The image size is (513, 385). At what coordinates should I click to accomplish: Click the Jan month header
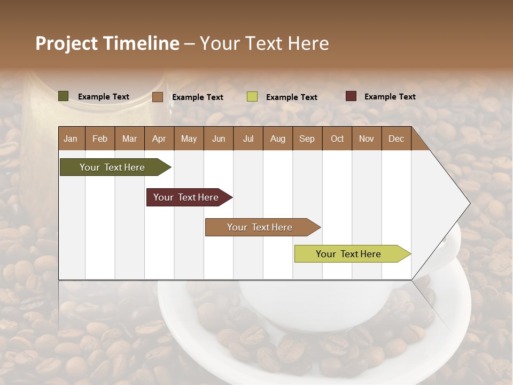click(71, 138)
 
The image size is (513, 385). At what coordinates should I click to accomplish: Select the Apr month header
click(159, 138)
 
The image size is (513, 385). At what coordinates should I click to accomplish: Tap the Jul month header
click(248, 138)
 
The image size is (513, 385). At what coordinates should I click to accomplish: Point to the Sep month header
click(307, 138)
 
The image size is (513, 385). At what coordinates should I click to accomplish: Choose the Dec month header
click(396, 138)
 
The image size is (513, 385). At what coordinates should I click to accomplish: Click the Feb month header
click(100, 138)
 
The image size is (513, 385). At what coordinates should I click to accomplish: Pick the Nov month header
click(366, 138)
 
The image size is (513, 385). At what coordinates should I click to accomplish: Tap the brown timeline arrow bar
click(260, 227)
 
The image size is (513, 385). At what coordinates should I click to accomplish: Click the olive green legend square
click(63, 96)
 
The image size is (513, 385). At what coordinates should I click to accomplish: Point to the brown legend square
click(158, 97)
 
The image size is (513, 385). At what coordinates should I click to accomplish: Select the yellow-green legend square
click(252, 97)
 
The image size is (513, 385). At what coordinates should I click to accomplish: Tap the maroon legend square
click(351, 96)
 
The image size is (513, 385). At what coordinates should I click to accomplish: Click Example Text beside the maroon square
click(390, 97)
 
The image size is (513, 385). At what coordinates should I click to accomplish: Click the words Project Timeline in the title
click(107, 43)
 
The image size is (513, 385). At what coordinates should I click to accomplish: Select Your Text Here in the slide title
click(264, 43)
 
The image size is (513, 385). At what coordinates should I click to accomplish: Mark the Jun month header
click(219, 138)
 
